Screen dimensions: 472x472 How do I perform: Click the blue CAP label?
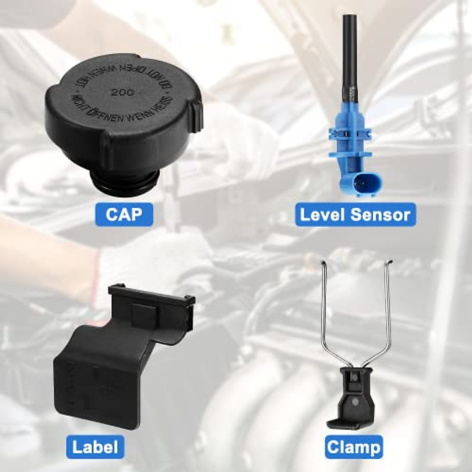(x=124, y=214)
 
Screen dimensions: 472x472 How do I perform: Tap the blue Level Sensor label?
(x=355, y=214)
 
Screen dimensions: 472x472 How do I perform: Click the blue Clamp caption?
(x=354, y=447)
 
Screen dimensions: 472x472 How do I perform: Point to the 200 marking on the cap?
(x=121, y=93)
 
